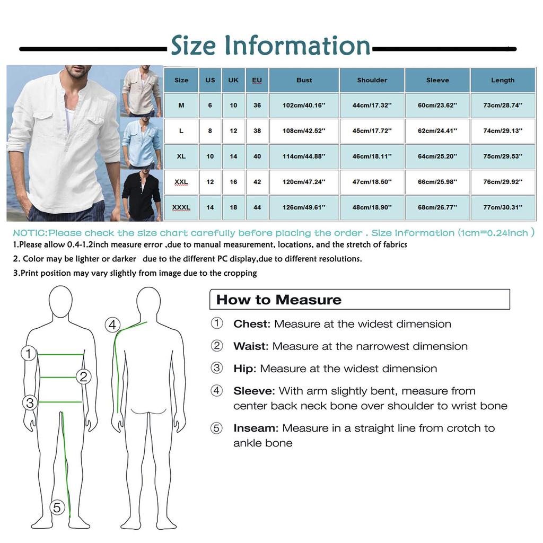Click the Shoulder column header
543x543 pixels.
372,80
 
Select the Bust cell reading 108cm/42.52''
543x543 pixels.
304,131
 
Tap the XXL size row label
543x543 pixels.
181,182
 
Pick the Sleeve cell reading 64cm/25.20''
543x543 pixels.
437,156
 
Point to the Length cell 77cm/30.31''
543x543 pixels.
503,207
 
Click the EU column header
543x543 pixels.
257,80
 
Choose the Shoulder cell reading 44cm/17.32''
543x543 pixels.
372,106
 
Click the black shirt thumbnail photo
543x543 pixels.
142,195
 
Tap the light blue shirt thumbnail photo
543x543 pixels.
142,143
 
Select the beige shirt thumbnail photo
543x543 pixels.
142,91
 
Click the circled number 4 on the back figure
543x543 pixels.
112,325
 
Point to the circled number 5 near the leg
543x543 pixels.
57,507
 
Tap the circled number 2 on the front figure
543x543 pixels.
83,376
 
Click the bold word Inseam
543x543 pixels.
256,428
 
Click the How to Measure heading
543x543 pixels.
279,300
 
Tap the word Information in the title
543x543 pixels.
297,46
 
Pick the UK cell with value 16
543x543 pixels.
233,182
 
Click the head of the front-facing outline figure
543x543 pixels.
60,301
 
